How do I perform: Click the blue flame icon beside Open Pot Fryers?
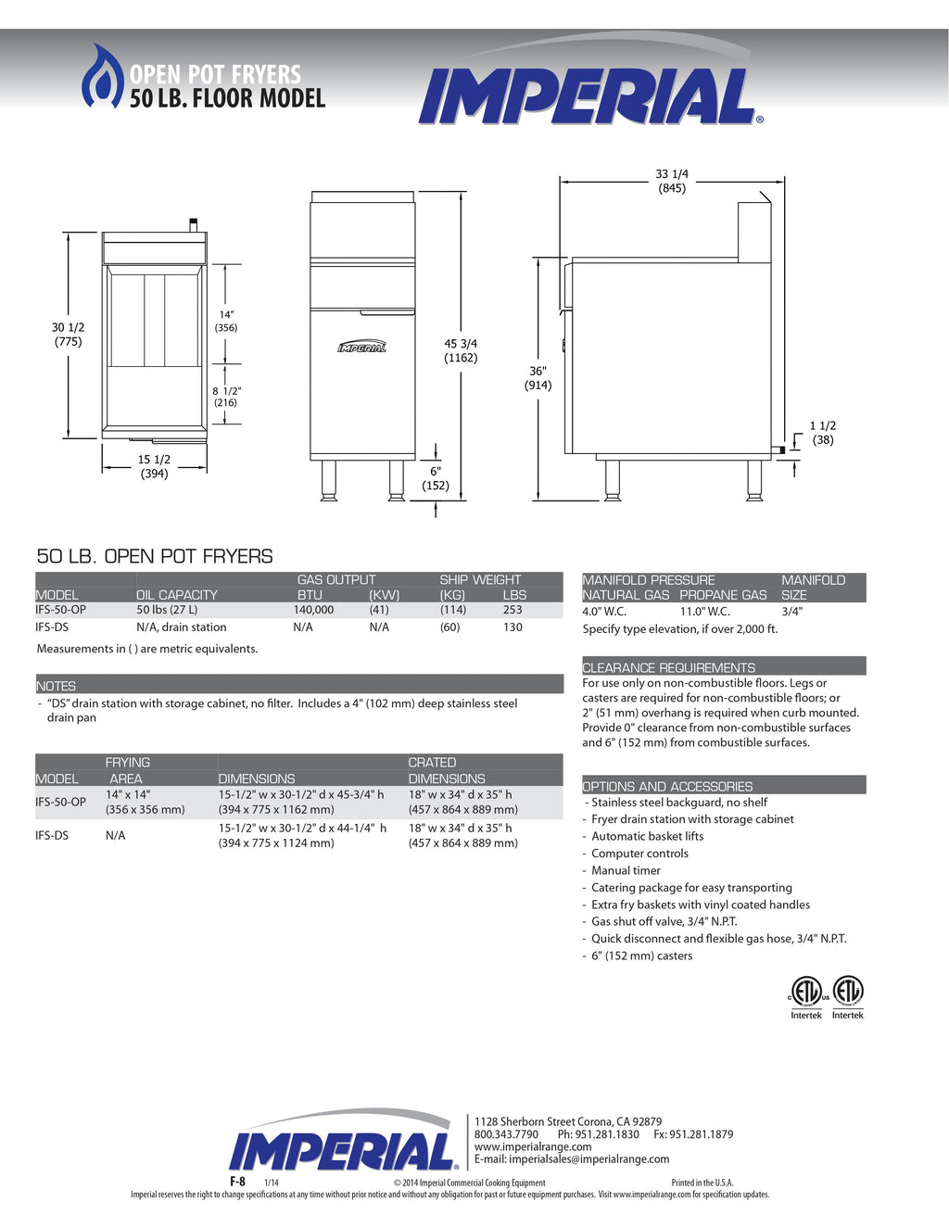(102, 76)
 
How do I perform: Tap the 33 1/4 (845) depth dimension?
(672, 181)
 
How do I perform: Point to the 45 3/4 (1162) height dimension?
(461, 350)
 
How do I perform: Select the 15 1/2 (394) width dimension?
(154, 466)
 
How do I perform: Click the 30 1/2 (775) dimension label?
(68, 334)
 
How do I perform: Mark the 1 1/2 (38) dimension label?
(823, 433)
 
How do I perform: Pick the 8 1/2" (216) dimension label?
(226, 397)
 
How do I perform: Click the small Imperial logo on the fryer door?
(361, 348)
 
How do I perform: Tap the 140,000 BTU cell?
(313, 610)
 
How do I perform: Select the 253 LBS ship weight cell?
(512, 610)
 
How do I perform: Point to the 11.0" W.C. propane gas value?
(705, 612)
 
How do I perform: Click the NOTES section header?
(57, 686)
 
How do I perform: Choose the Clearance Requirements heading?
(668, 667)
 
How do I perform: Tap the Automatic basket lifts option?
(647, 836)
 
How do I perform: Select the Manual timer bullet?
(626, 870)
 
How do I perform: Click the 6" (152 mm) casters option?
(641, 956)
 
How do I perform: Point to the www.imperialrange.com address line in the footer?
(533, 1146)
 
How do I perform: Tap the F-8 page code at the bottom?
(237, 1182)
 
